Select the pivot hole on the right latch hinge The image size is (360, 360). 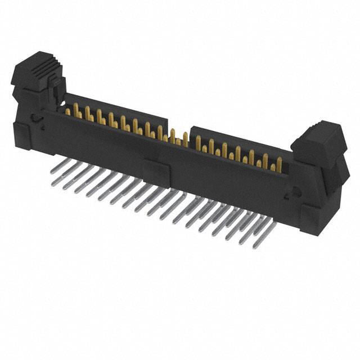click(x=290, y=195)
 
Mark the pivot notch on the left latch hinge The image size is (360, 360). click(x=35, y=119)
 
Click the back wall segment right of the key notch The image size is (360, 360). click(x=236, y=138)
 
